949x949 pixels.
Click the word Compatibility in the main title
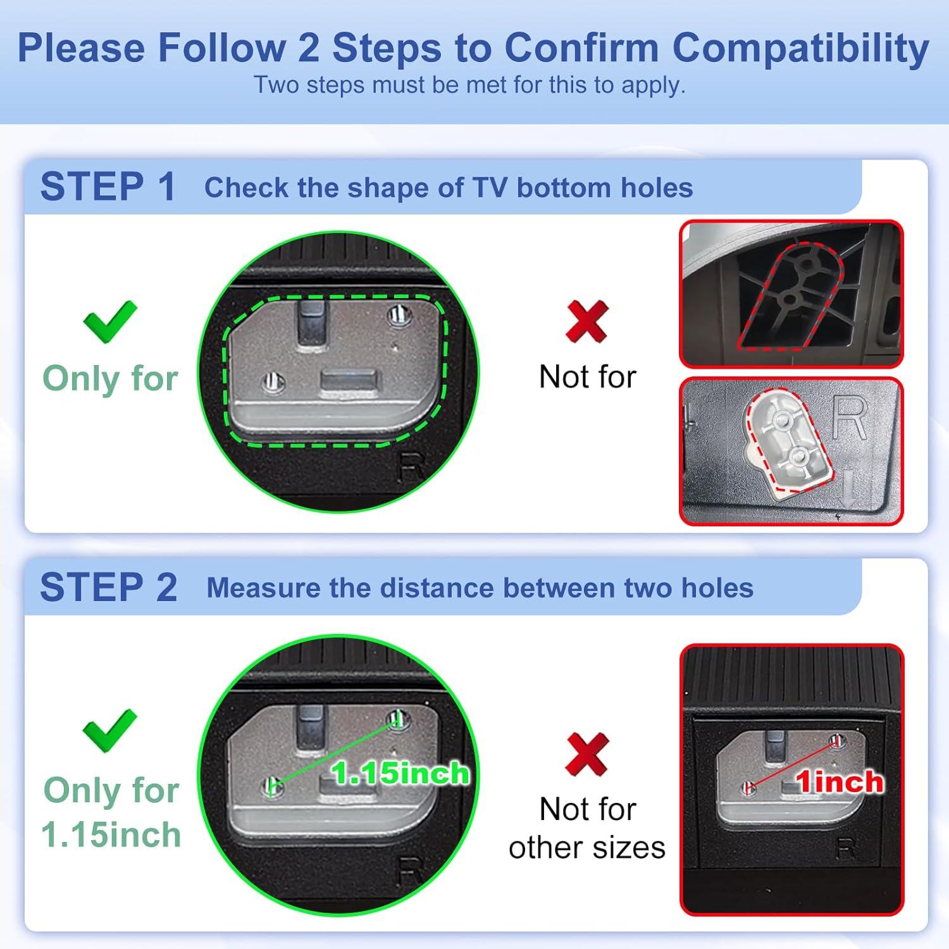[800, 48]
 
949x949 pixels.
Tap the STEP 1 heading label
[108, 187]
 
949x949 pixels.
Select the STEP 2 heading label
[108, 587]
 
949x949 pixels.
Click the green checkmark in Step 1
[110, 321]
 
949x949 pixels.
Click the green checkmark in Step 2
[110, 731]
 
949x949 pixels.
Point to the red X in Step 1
[587, 321]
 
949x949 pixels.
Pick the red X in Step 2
[587, 754]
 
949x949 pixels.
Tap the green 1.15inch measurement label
[400, 773]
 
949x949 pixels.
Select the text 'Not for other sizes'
[587, 828]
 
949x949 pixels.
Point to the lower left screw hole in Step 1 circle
[273, 382]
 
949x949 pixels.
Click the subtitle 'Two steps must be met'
[469, 85]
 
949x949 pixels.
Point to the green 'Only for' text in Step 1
[110, 378]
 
